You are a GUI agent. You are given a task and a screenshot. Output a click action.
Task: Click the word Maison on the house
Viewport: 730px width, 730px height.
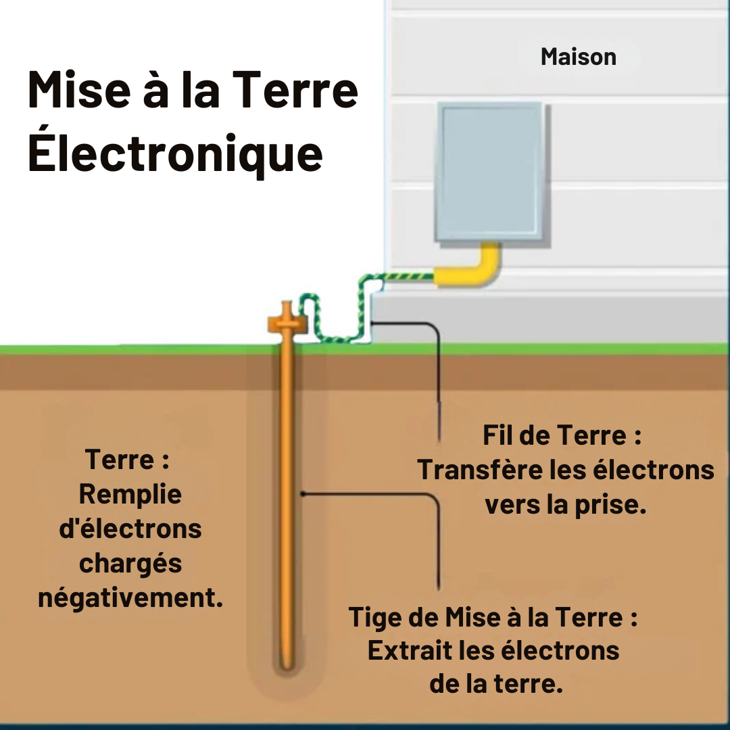point(578,57)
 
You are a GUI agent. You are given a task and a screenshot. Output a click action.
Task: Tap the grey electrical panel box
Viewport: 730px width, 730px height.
point(489,173)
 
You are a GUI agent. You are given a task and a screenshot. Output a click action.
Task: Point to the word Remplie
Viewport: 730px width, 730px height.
point(130,494)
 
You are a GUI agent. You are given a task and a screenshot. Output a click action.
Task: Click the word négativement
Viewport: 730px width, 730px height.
point(130,598)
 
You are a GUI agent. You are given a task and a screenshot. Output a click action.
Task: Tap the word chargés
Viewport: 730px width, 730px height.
point(130,563)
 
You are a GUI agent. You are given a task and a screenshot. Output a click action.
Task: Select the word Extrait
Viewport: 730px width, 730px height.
point(410,651)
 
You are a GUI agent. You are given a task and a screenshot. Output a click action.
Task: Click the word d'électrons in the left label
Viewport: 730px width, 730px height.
point(130,529)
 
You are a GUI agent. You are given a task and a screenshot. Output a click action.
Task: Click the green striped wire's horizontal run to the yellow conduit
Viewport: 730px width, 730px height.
point(399,276)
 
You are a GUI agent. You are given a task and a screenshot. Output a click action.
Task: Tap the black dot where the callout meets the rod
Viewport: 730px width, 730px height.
point(303,494)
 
